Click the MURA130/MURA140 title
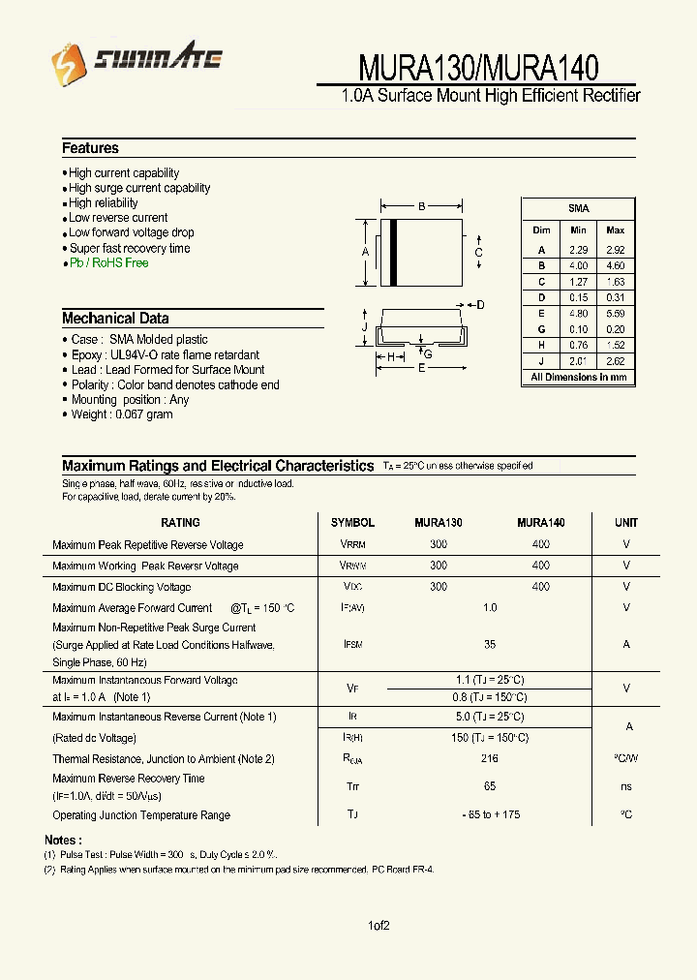(478, 67)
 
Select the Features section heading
(90, 148)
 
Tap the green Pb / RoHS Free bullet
(108, 262)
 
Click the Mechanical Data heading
(115, 319)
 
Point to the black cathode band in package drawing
(394, 253)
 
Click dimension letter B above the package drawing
(421, 206)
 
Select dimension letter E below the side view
(421, 369)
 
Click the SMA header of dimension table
(578, 208)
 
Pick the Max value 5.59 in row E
(615, 314)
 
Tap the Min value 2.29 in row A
(578, 250)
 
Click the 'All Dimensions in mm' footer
(578, 378)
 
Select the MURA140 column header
(540, 523)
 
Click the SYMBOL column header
(352, 523)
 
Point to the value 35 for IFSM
(490, 644)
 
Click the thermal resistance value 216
(490, 760)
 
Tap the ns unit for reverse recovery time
(626, 786)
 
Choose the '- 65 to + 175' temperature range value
(490, 814)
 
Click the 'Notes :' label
(63, 840)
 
